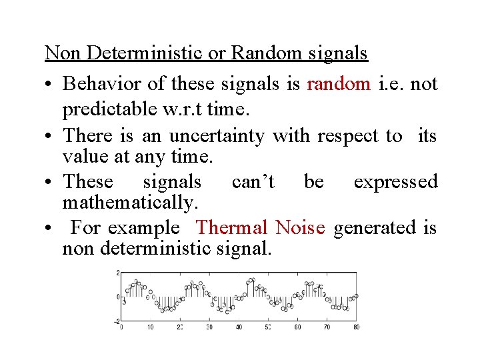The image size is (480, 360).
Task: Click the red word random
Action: (x=339, y=84)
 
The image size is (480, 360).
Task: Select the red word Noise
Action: (x=300, y=228)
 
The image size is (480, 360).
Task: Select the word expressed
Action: (x=395, y=181)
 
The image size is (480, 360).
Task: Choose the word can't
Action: (x=252, y=181)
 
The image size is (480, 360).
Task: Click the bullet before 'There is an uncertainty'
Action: (x=50, y=137)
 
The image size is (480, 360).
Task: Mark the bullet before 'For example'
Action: (x=50, y=229)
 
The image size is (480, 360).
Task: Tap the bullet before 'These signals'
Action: (x=50, y=182)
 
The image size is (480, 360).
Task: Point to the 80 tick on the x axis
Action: (x=356, y=327)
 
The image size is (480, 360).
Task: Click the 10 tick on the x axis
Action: (x=151, y=327)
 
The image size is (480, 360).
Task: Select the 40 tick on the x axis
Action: (x=239, y=327)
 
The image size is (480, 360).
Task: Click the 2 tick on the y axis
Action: (x=117, y=273)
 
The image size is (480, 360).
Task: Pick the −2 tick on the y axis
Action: (x=116, y=321)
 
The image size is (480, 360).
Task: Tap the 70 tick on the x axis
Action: (x=327, y=327)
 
